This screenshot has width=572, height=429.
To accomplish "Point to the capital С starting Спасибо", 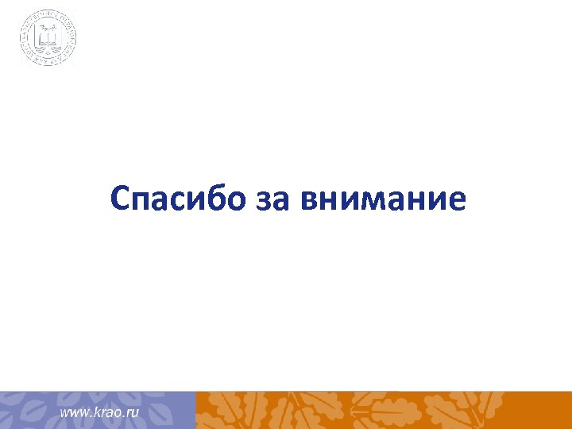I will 121,199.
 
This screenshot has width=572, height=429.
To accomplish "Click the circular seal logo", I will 49,37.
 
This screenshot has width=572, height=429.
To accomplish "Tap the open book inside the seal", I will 49,36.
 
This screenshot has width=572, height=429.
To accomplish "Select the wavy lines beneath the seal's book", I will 49,49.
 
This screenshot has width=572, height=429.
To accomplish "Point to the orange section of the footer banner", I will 381,410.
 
